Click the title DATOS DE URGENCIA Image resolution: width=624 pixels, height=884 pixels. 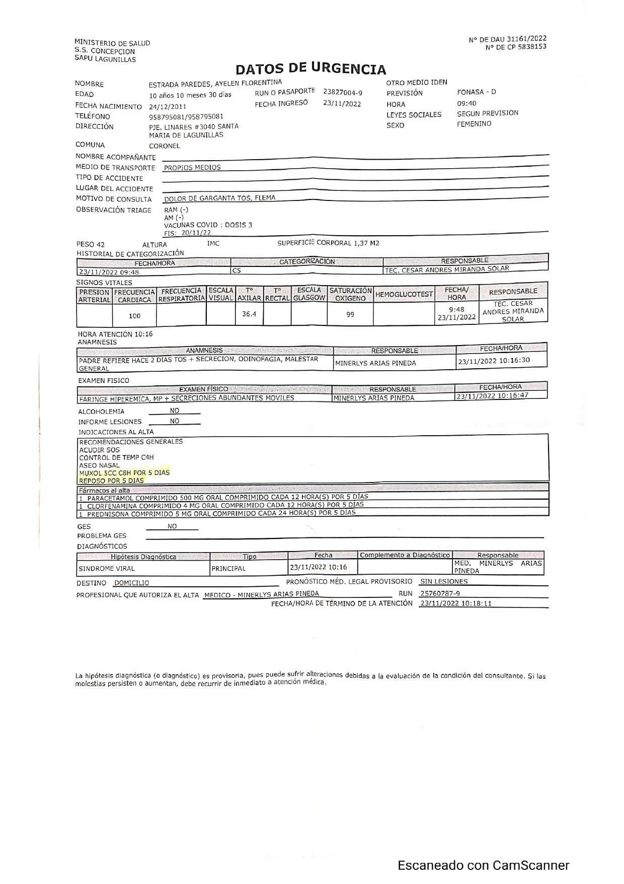pos(310,69)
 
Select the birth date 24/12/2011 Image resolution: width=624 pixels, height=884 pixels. pos(168,107)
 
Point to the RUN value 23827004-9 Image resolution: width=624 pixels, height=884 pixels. pos(342,93)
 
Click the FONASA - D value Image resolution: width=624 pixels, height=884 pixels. pos(476,92)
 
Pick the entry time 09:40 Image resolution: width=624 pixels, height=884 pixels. pos(466,103)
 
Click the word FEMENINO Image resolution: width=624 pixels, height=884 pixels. pos(474,124)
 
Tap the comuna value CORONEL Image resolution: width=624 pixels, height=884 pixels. pos(164,146)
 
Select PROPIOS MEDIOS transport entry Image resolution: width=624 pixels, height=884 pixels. pos(192,168)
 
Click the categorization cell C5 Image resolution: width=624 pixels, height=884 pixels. pos(237,270)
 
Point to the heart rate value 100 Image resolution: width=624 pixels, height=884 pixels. pos(134,316)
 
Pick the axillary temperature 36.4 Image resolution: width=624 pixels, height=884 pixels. pos(249,314)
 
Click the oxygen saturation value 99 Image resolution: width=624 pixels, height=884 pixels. pos(350,314)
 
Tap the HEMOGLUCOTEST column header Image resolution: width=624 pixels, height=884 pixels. pos(404,294)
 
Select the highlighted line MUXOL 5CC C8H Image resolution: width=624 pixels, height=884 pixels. pos(124,472)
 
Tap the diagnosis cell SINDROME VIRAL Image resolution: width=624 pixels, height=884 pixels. pos(107,569)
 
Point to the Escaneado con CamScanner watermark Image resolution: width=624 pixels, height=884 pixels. pos(483,865)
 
